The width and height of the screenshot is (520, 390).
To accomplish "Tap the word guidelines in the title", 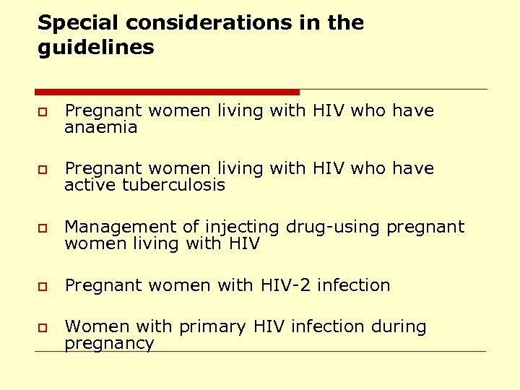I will (96, 48).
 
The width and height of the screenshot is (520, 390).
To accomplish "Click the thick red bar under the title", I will (167, 92).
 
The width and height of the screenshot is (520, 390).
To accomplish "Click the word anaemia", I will (100, 128).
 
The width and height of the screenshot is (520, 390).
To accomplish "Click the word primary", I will (213, 327).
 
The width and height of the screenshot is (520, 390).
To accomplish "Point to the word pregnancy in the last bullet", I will (109, 344).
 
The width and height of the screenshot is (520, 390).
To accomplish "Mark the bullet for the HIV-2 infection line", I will (43, 287).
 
